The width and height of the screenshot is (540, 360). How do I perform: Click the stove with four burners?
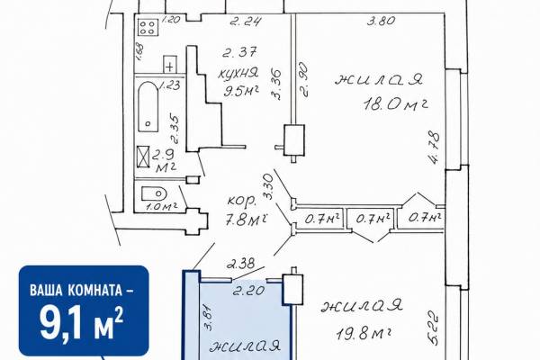coord(148,27)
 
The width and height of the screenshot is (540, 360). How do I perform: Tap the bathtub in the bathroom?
coord(148,107)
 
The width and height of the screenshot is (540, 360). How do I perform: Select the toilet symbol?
coord(154,193)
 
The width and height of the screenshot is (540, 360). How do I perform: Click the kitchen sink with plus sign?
coord(169,65)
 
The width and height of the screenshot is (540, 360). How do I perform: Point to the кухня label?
coord(238,74)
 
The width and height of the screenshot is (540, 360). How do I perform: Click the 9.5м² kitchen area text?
coord(241,91)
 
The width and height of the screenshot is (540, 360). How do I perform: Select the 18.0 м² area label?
coord(395,104)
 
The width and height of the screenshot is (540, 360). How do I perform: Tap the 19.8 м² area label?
coord(364,334)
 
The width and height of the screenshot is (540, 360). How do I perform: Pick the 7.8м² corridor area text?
coord(247,220)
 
